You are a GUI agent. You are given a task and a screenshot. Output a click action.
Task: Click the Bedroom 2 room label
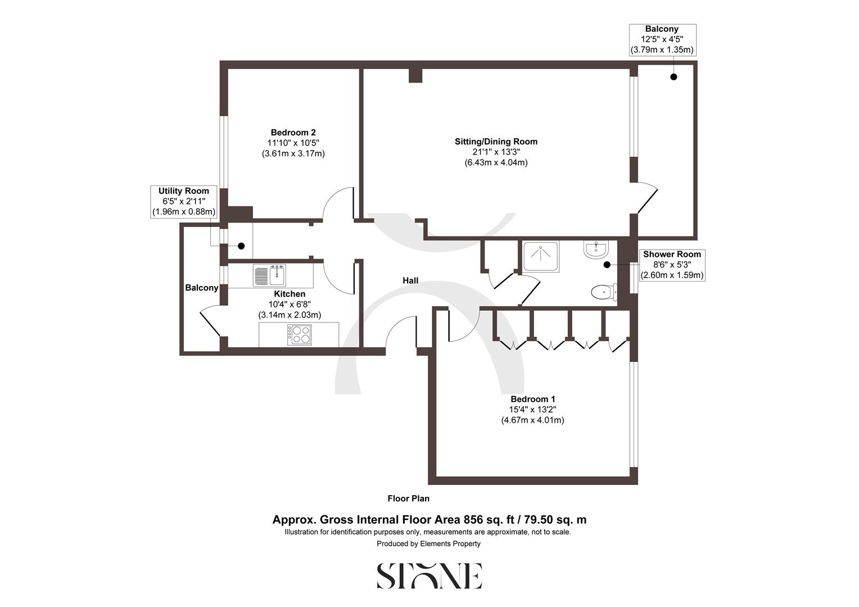(x=293, y=133)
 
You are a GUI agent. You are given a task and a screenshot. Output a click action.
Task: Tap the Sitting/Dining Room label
(x=496, y=142)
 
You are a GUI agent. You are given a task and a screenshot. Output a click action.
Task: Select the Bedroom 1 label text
(x=532, y=399)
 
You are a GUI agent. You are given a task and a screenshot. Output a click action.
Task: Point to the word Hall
(x=410, y=280)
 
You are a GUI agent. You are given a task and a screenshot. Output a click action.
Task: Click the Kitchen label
(x=290, y=294)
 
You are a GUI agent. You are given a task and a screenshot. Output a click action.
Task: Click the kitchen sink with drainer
(x=271, y=275)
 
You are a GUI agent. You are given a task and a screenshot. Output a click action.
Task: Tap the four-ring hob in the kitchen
(x=299, y=335)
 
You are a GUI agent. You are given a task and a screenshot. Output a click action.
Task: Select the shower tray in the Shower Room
(x=541, y=256)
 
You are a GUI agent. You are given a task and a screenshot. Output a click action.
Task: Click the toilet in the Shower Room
(x=603, y=292)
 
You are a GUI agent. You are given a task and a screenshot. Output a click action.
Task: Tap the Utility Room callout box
(x=183, y=201)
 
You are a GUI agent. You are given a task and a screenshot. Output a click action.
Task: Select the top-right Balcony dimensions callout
(x=662, y=39)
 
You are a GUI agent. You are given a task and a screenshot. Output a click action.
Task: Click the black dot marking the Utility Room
(x=241, y=246)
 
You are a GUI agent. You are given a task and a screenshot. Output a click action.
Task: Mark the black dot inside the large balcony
(x=673, y=77)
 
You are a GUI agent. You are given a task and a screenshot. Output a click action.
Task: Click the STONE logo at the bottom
(x=429, y=576)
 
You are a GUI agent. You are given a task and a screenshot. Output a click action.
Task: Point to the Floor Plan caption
(x=408, y=499)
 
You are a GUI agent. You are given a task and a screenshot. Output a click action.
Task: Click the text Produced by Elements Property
(x=428, y=543)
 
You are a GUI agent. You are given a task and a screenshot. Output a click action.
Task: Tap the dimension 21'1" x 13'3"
(x=496, y=152)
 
